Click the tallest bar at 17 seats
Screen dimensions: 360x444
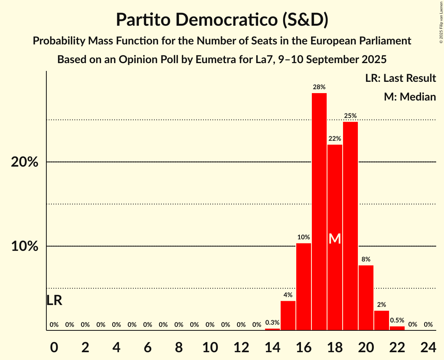click(x=319, y=212)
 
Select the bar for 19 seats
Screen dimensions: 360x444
click(x=350, y=226)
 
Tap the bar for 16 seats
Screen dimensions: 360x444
click(x=304, y=287)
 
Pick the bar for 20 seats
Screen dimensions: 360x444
click(x=366, y=298)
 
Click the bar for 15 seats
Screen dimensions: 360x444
click(x=288, y=316)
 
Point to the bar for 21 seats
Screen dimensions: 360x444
click(x=382, y=320)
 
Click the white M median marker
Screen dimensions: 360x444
click(x=335, y=239)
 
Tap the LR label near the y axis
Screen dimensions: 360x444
click(x=54, y=300)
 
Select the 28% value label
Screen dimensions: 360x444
click(x=319, y=87)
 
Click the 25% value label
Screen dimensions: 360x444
click(x=350, y=116)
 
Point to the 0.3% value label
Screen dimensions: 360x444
click(x=272, y=323)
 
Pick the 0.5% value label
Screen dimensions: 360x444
click(x=397, y=320)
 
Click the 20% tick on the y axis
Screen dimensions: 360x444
click(x=25, y=162)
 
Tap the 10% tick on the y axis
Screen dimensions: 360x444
click(x=25, y=247)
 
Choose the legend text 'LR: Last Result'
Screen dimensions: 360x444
click(x=400, y=78)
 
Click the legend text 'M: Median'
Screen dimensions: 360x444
click(x=410, y=97)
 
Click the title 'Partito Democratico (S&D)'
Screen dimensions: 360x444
click(x=222, y=20)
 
